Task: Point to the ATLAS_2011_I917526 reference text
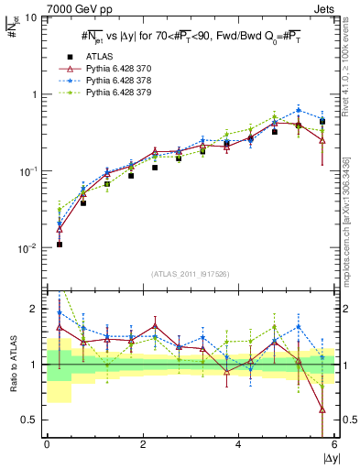pyautogui.click(x=191, y=274)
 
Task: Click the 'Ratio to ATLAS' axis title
pyautogui.click(x=12, y=365)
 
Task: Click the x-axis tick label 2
pyautogui.click(x=143, y=445)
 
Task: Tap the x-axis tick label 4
pyautogui.click(x=238, y=445)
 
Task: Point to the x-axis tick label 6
pyautogui.click(x=334, y=445)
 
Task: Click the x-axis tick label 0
pyautogui.click(x=47, y=445)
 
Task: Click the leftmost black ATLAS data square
pyautogui.click(x=59, y=245)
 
